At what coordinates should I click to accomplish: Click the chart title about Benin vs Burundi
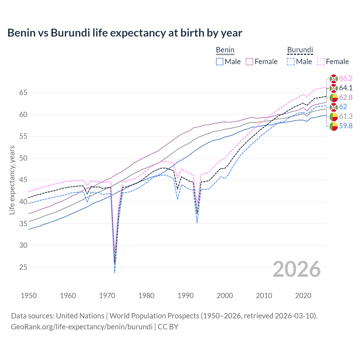tap(125, 33)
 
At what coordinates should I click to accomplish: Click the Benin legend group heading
tap(225, 50)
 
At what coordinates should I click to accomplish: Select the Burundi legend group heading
tap(300, 50)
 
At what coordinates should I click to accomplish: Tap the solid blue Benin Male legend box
tap(220, 62)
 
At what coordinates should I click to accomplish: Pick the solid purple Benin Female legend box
tap(249, 62)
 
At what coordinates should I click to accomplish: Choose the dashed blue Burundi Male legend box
tap(291, 62)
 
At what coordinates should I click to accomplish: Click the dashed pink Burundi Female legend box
tap(321, 62)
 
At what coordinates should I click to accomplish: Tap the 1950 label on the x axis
tap(29, 296)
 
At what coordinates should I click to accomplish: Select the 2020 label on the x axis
tap(303, 296)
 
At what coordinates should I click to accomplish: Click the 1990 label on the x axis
tap(186, 296)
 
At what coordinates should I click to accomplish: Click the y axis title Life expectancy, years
tap(12, 180)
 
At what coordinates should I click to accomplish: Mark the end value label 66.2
tap(346, 78)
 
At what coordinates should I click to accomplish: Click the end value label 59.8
tap(346, 126)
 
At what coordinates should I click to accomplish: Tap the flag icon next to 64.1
tap(334, 88)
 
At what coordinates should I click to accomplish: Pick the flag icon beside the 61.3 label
tap(334, 116)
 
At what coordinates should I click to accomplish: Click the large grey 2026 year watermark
tap(297, 269)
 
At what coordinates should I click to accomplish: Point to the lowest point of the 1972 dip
tap(115, 273)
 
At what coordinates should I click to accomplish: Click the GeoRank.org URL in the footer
tap(82, 327)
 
